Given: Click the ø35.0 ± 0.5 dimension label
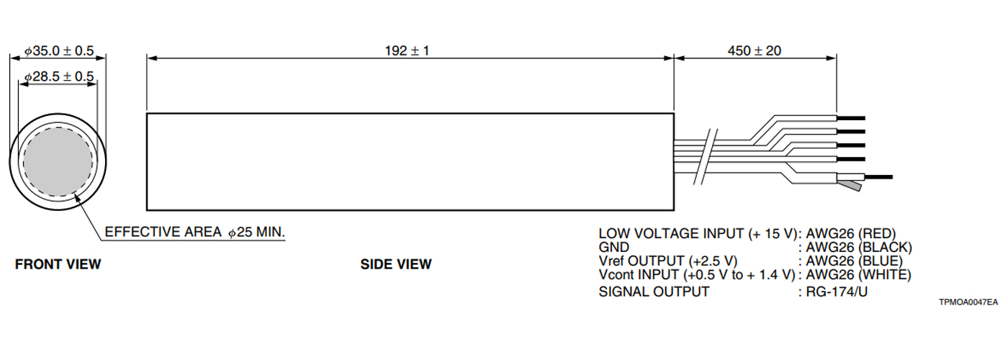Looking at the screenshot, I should point(60,51).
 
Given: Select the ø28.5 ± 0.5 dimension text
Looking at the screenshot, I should point(60,77).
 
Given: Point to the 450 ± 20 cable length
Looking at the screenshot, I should point(755,50).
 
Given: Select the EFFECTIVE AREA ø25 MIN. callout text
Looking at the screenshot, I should point(195,233).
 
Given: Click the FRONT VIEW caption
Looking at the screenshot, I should point(58,264).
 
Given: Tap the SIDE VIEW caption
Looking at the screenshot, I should point(396,264).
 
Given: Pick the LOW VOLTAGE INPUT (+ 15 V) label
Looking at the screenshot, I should point(699,233).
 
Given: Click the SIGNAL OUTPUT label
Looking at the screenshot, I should point(654,292).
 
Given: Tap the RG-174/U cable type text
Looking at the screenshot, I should point(837,292).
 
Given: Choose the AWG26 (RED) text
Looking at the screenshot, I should point(850,233).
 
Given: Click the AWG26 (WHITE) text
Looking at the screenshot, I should point(858,274).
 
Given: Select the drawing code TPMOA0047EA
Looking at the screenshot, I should point(968,303).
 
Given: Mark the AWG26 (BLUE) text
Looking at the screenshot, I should point(854,261).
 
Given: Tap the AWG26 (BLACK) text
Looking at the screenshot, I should point(857,247).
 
